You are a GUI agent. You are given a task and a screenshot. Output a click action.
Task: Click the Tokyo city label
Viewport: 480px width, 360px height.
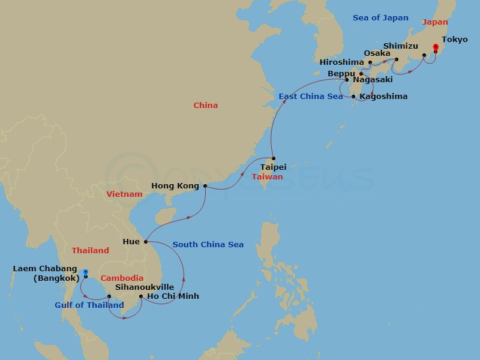click(454, 40)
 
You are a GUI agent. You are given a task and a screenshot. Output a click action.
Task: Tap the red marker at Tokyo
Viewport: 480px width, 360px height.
click(435, 49)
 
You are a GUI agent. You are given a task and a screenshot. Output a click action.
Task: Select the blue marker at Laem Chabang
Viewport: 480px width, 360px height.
click(85, 273)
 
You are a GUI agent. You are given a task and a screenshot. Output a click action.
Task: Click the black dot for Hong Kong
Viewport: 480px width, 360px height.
click(205, 186)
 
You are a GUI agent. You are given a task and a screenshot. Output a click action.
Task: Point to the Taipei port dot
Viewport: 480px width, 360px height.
click(274, 158)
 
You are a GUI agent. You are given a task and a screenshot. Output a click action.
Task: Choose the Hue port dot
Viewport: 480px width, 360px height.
click(146, 242)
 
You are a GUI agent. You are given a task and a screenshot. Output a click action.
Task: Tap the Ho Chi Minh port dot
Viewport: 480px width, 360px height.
click(140, 296)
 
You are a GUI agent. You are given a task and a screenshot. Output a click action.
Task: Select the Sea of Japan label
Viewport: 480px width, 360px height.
click(380, 18)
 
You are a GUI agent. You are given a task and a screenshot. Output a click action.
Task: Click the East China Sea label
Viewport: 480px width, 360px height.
click(311, 97)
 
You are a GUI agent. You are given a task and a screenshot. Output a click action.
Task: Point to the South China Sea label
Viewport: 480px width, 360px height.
click(208, 245)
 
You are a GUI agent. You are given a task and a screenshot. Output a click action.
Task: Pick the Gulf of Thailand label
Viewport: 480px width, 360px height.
click(89, 305)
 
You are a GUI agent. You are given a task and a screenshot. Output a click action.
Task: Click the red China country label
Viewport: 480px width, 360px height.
click(205, 106)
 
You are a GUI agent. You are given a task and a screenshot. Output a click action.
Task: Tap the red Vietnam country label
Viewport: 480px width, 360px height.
click(124, 194)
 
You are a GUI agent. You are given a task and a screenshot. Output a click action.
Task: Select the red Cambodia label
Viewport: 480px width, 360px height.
click(122, 278)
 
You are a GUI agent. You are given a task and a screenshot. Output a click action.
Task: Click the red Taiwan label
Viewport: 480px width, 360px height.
click(268, 178)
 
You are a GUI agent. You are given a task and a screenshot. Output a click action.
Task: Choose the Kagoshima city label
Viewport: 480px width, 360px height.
click(383, 97)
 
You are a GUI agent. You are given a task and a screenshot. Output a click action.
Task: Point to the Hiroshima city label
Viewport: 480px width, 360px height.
click(341, 62)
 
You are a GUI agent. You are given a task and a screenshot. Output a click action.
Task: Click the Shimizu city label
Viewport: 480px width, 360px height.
click(400, 46)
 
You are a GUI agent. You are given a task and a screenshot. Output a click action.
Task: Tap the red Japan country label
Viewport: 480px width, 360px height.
click(435, 22)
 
